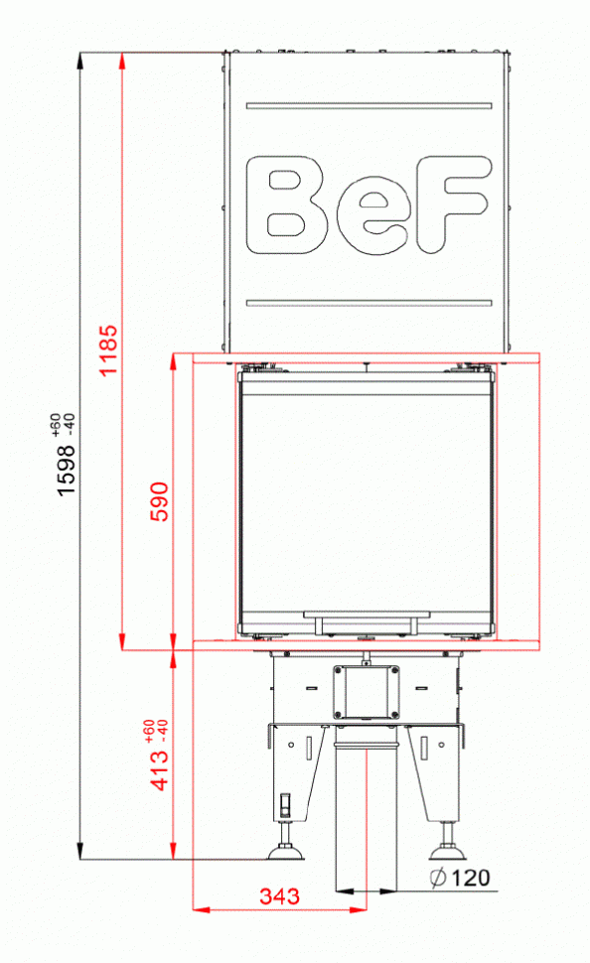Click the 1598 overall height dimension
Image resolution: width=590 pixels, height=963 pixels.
click(x=67, y=467)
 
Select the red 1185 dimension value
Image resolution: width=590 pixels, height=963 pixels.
click(x=109, y=349)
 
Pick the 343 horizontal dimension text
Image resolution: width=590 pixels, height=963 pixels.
click(x=279, y=896)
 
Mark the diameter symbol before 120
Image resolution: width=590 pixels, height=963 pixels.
click(x=437, y=878)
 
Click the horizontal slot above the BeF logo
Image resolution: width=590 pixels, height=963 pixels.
click(x=369, y=104)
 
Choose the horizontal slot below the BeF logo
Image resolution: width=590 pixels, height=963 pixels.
click(x=369, y=302)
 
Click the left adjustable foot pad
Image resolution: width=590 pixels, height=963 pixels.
click(x=286, y=852)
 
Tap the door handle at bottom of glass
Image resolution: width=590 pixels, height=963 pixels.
click(x=369, y=622)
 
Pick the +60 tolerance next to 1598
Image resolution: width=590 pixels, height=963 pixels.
click(x=56, y=421)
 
